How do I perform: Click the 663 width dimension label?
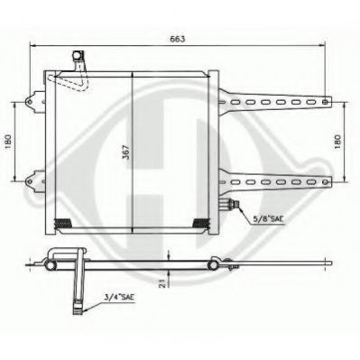(177, 39)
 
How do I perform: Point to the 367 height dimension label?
(127, 152)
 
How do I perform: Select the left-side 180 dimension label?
(8, 142)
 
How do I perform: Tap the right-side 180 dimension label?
(337, 141)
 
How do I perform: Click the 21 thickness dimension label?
(162, 283)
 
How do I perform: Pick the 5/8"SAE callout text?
(268, 219)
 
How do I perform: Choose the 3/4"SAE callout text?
(120, 297)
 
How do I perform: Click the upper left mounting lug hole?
(30, 101)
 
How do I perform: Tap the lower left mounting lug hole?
(30, 181)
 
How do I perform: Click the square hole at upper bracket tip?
(325, 102)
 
